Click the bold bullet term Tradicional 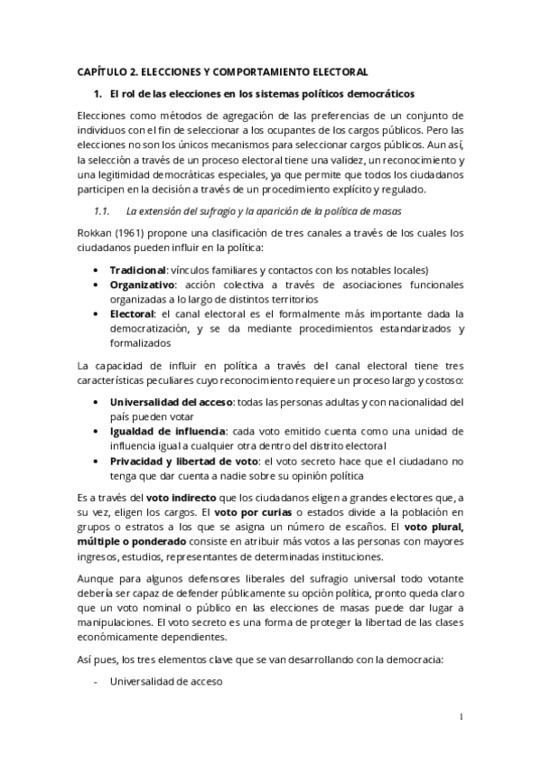(138, 269)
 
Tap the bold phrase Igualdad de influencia (167, 430)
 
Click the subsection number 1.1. (101, 210)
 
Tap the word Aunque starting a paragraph (98, 575)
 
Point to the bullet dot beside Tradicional (97, 269)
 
